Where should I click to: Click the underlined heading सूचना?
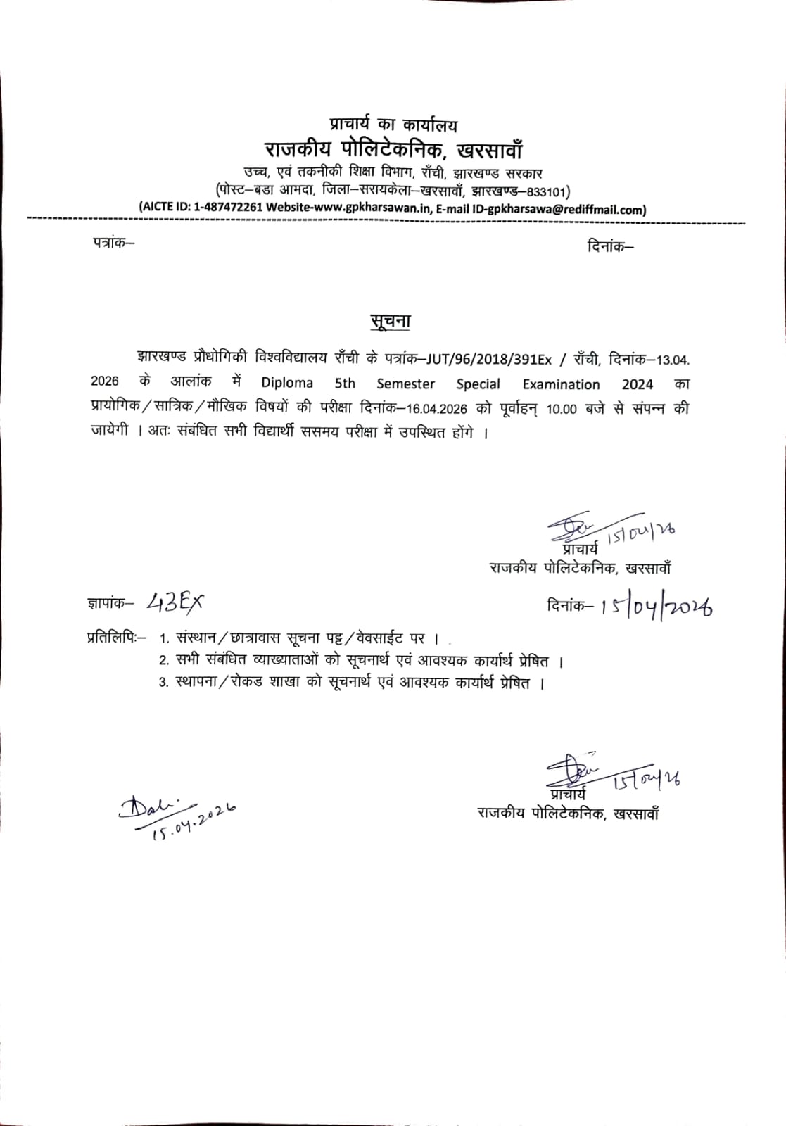click(x=391, y=321)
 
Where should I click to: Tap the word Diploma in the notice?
click(x=287, y=384)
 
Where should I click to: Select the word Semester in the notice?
click(x=405, y=384)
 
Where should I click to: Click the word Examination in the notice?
click(x=561, y=384)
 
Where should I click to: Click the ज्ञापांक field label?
click(x=110, y=603)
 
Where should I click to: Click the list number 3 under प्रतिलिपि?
click(x=163, y=683)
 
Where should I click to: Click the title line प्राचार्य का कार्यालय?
click(x=393, y=125)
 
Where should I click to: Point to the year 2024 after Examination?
click(x=637, y=384)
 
